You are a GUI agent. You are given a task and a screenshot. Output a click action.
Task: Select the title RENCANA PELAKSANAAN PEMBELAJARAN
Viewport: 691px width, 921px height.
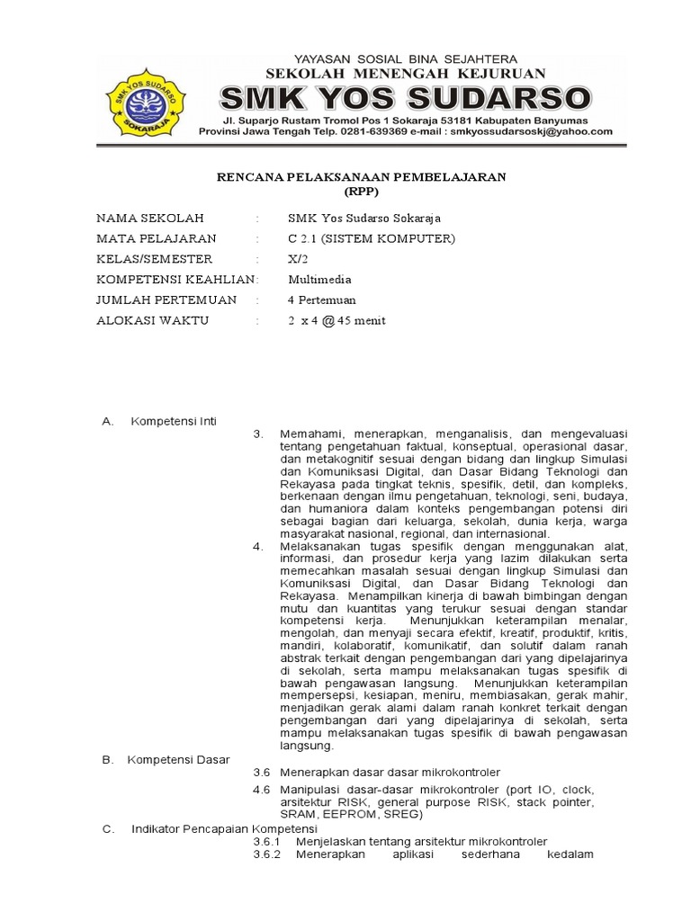tap(362, 177)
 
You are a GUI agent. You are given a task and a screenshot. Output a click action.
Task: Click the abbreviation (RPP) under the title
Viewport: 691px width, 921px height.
tap(362, 192)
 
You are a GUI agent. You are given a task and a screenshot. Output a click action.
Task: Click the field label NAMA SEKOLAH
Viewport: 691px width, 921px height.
tap(150, 219)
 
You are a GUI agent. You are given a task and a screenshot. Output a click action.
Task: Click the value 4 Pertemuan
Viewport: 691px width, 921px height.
tap(322, 300)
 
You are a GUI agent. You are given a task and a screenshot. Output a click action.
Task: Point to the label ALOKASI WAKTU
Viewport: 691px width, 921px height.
tap(152, 321)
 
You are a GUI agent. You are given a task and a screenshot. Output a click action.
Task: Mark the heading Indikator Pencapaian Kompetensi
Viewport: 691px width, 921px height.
tap(225, 828)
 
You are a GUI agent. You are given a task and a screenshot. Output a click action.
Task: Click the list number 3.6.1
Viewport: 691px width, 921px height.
tap(267, 842)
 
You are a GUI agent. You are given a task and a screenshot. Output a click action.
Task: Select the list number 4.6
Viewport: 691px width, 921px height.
tap(262, 790)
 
